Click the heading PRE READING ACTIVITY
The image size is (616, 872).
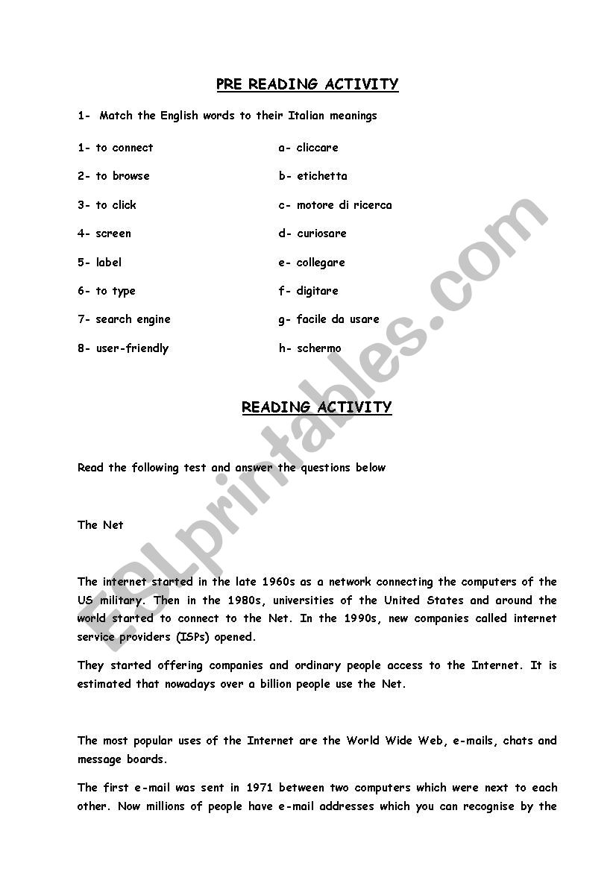(x=307, y=84)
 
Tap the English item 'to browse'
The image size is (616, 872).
(x=122, y=176)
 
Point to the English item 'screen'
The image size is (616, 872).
(x=113, y=233)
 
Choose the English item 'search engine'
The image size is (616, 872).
(x=133, y=319)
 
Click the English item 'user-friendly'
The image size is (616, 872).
(x=132, y=348)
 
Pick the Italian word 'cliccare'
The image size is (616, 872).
(x=317, y=148)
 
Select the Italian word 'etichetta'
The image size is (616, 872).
(x=321, y=176)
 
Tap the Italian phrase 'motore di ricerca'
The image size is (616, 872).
(x=344, y=205)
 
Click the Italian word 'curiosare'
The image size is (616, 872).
(x=321, y=233)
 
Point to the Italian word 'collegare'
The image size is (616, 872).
(x=321, y=263)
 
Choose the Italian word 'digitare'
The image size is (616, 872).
(x=317, y=291)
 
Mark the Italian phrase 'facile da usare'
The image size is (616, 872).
(x=338, y=319)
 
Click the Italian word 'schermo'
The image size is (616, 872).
(x=318, y=348)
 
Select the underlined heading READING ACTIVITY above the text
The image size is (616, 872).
(x=316, y=407)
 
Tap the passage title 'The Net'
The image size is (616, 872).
(x=101, y=525)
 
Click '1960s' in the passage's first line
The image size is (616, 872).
(x=279, y=582)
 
